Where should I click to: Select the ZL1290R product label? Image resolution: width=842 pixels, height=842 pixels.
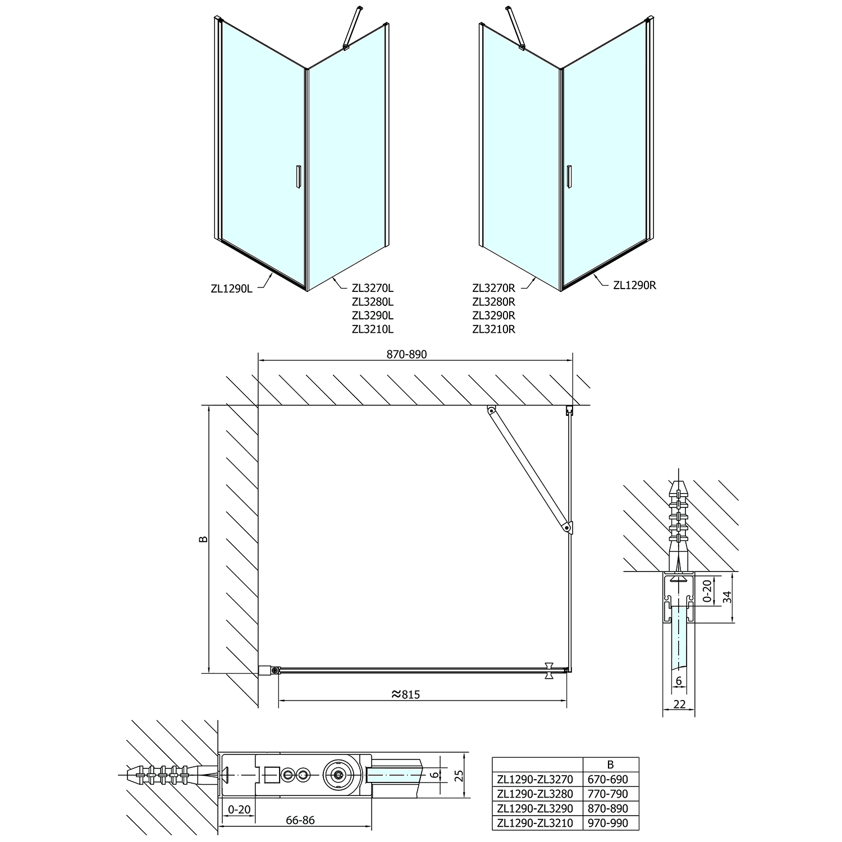[634, 285]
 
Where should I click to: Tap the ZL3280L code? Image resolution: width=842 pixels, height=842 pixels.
[373, 302]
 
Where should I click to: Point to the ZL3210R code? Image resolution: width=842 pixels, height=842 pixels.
[493, 330]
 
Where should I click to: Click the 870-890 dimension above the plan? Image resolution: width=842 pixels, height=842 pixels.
[406, 355]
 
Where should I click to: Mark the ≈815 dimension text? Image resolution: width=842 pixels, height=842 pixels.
[405, 694]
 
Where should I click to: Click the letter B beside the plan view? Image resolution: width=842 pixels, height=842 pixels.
[204, 539]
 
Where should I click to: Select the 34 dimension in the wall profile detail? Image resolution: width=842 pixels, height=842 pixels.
[727, 597]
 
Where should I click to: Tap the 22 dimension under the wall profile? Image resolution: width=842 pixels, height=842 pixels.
[679, 704]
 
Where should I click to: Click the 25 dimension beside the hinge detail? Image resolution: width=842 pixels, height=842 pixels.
[459, 775]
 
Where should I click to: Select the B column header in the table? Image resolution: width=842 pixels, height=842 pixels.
[611, 765]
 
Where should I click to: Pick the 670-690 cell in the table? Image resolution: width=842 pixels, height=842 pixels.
[611, 779]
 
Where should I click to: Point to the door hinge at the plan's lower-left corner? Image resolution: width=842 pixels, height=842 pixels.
[273, 670]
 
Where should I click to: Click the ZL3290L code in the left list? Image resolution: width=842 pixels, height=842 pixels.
[373, 315]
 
